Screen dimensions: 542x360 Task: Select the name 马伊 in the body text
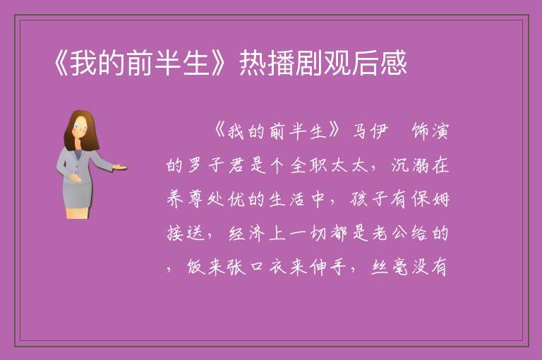pos(370,131)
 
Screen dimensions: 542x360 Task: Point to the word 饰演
pos(430,131)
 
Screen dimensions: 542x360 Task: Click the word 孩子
pos(369,199)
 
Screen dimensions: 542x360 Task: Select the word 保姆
pos(430,199)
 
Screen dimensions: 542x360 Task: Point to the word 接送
pos(186,233)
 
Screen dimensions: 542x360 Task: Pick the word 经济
pos(247,233)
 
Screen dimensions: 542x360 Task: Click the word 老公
pos(390,233)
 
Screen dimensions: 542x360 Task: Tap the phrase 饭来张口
pos(226,267)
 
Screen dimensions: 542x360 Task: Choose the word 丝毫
pos(390,267)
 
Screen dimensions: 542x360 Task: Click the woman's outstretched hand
pos(120,167)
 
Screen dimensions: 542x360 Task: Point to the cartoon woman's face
pos(80,126)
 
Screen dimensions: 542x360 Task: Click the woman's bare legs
pos(77,212)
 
